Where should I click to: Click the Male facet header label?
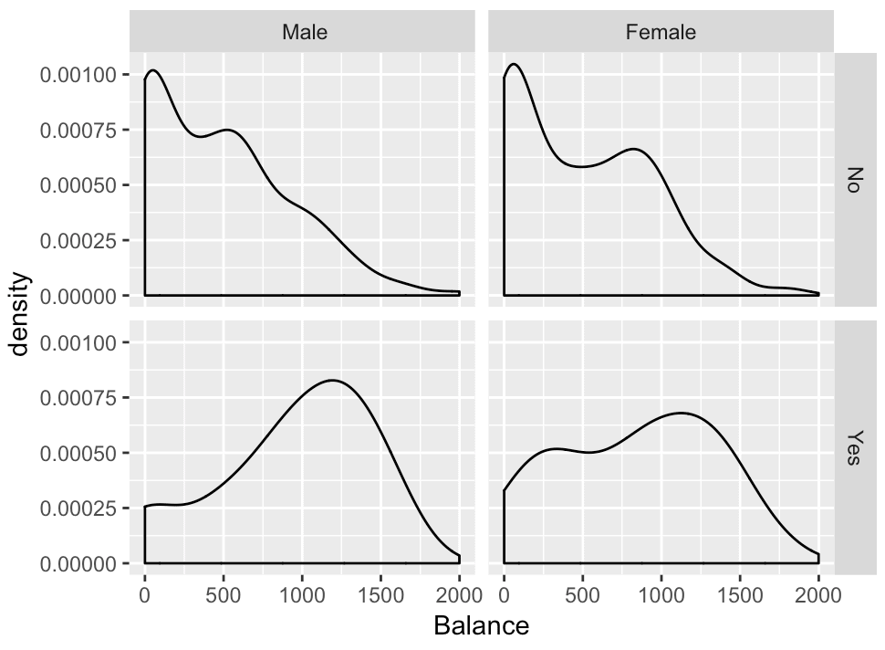coord(304,33)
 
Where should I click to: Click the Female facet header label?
coord(661,33)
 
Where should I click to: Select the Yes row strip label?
coord(853,447)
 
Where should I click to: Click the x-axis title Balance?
coord(481,627)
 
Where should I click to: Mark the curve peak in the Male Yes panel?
coord(332,380)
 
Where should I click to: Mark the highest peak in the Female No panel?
coord(514,64)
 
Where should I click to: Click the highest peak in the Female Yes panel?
coord(680,413)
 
